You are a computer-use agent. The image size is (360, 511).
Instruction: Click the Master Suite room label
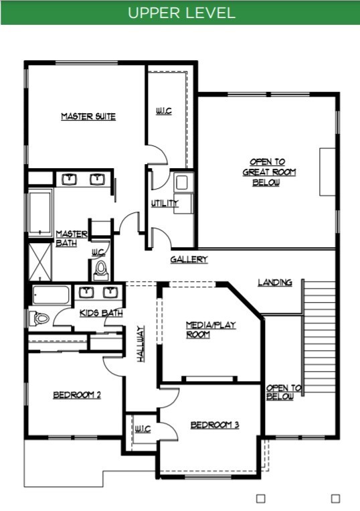88,117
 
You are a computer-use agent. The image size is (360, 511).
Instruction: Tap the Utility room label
165,204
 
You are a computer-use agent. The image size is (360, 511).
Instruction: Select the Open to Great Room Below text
269,171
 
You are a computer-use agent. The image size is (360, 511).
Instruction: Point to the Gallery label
189,259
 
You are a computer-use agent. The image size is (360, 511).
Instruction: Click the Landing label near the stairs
275,282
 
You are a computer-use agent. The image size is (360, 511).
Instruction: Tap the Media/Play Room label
211,330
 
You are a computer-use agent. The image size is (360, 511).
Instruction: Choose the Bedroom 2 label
77,394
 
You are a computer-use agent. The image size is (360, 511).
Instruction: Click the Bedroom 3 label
215,425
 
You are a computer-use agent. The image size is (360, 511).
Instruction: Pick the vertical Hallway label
141,344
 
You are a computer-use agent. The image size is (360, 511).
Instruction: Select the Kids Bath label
101,313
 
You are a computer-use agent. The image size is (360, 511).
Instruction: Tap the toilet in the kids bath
39,317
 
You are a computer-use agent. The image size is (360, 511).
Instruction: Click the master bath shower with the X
40,261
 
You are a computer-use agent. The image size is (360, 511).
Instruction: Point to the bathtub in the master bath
40,213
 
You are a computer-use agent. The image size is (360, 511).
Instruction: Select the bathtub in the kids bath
51,295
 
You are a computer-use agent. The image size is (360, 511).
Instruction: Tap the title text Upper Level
181,13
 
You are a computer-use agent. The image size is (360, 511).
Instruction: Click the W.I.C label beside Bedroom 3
143,429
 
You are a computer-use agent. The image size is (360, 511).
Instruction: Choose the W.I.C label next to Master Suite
163,111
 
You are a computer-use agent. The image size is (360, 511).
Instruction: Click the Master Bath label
72,238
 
